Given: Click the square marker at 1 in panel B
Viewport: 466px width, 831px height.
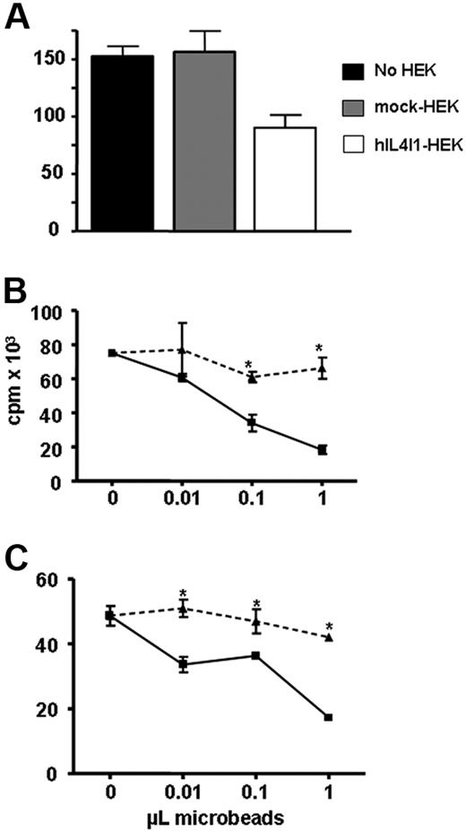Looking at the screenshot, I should pyautogui.click(x=323, y=449).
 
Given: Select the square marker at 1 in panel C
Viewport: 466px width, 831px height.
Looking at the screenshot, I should pyautogui.click(x=328, y=717).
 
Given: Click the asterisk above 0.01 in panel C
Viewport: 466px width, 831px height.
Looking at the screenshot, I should pyautogui.click(x=183, y=593).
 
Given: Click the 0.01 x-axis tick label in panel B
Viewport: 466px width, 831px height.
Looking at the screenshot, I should pyautogui.click(x=182, y=506).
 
